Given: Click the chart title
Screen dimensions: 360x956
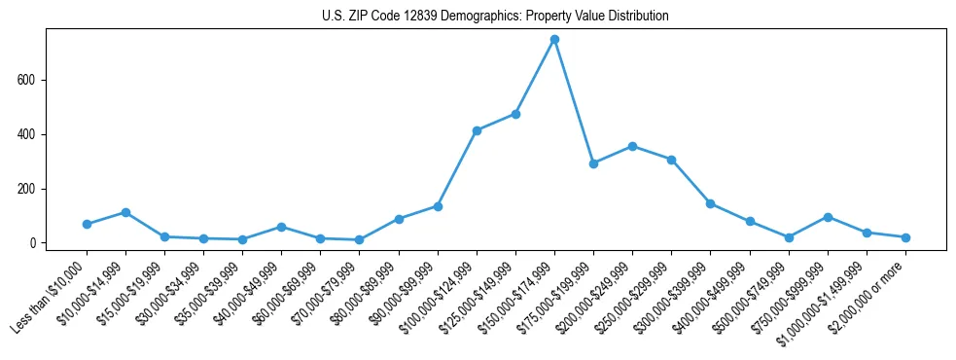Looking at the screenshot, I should click(x=495, y=17).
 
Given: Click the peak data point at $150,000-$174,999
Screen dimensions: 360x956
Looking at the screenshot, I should click(x=554, y=40).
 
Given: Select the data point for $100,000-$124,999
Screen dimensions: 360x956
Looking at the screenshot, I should click(x=477, y=130).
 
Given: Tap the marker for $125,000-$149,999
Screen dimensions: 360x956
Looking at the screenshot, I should click(x=515, y=114).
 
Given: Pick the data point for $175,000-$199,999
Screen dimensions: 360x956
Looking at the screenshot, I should click(x=593, y=163).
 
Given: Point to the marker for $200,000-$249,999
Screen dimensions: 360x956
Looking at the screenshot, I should click(x=632, y=146).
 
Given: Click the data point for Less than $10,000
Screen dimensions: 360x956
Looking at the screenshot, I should click(x=87, y=224).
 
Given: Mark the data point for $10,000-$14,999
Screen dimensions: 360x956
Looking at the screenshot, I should click(x=125, y=212).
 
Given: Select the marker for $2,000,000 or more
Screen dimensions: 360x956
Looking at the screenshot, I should click(x=905, y=237).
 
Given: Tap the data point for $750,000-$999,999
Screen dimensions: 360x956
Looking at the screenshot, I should click(x=828, y=217).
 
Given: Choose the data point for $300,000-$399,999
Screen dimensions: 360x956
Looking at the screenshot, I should click(x=711, y=203).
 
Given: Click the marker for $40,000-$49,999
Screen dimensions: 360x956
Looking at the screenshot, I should click(x=281, y=227).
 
